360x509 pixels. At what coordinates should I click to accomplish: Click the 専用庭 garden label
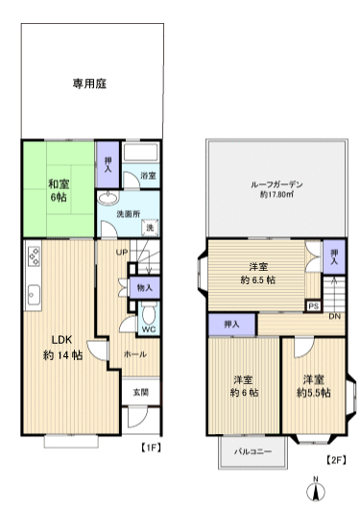88,84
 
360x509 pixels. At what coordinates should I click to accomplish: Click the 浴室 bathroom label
149,177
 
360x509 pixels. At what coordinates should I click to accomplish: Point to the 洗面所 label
131,213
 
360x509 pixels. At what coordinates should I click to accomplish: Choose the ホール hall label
133,354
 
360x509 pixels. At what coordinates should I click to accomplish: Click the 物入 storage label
145,286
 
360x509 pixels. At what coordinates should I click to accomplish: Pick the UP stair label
123,253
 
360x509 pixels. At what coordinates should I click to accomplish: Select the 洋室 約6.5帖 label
257,273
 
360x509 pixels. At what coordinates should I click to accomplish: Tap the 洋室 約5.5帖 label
313,386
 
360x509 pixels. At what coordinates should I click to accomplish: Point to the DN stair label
335,316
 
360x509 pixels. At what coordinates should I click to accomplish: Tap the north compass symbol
316,490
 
